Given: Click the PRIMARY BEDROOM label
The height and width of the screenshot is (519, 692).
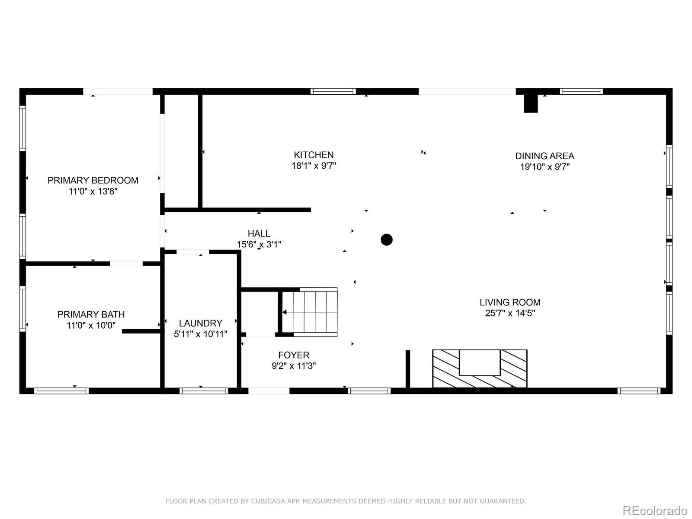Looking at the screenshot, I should pos(93,180).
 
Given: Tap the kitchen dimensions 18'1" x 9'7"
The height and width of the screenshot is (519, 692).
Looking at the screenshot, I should pos(314,166).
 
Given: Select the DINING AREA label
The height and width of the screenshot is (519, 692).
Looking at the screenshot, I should pos(545,156).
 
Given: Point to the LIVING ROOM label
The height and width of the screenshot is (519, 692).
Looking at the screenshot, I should pos(510,302).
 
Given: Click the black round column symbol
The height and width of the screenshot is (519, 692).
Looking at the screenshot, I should pos(387,240).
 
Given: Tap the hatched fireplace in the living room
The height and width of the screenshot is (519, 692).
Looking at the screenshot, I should pos(480,368).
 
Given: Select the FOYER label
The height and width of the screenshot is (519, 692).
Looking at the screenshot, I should pos(294,355).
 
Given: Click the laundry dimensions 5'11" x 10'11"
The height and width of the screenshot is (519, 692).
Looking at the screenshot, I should pos(200,334).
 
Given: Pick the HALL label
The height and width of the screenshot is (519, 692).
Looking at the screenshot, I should pos(259,234).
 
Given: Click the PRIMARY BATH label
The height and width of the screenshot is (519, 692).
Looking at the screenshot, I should pos(91,314).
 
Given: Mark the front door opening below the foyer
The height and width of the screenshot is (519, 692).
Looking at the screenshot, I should pos(269,391).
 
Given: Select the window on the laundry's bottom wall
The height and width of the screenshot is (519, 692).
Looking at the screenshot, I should pos(204,391).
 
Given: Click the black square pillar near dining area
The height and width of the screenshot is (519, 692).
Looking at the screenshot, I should pos(531,104).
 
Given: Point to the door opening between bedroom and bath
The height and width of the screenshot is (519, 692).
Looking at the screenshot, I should pos(126,263).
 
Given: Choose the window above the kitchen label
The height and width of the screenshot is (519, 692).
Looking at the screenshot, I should pos(333,91).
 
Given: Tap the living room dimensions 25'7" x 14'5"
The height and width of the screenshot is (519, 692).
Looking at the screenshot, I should pos(510,313).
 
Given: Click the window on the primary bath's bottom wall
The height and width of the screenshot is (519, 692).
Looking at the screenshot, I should pos(61,391).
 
